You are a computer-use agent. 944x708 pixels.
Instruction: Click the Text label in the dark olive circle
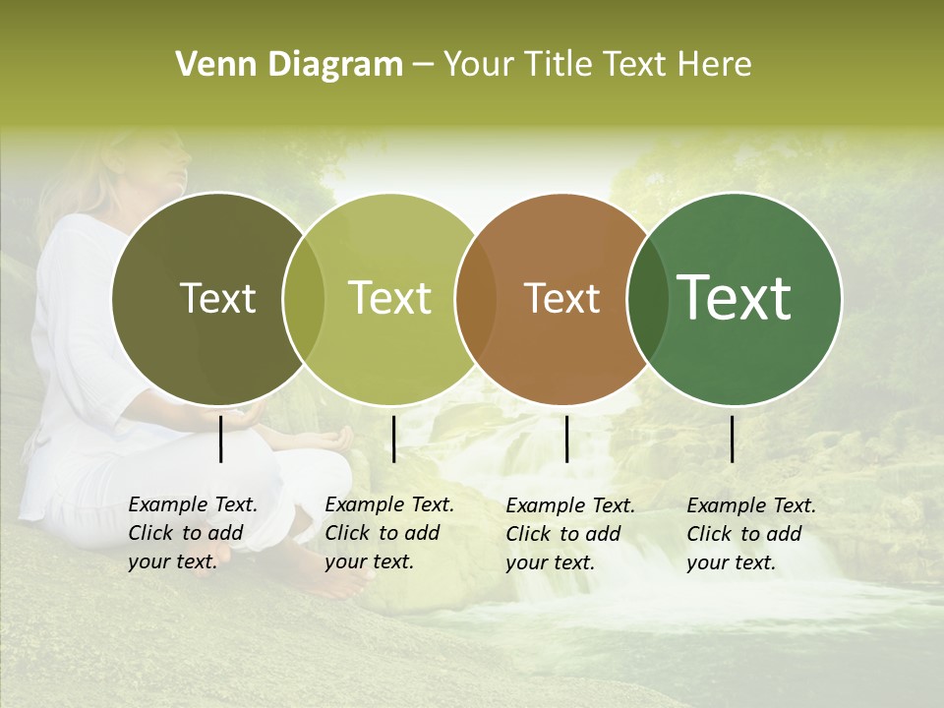click(x=217, y=298)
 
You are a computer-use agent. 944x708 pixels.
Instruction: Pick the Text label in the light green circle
click(x=390, y=298)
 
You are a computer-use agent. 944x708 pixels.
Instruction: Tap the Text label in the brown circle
click(x=561, y=298)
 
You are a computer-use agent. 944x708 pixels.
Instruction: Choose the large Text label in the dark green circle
click(x=735, y=298)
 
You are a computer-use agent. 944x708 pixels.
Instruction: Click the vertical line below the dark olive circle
click(x=221, y=439)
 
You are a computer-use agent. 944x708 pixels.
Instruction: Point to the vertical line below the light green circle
click(x=393, y=439)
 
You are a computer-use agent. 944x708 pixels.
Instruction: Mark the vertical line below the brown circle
click(x=566, y=439)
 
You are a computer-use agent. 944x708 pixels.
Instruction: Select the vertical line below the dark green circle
click(x=733, y=439)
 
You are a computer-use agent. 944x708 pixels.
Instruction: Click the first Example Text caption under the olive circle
click(x=193, y=533)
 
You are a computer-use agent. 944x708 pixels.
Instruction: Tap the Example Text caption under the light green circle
click(x=389, y=533)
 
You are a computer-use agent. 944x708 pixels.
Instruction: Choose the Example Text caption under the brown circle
click(x=570, y=534)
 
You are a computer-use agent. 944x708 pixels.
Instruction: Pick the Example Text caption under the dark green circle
click(x=751, y=534)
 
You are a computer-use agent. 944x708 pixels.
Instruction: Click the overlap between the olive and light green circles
click(x=304, y=298)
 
